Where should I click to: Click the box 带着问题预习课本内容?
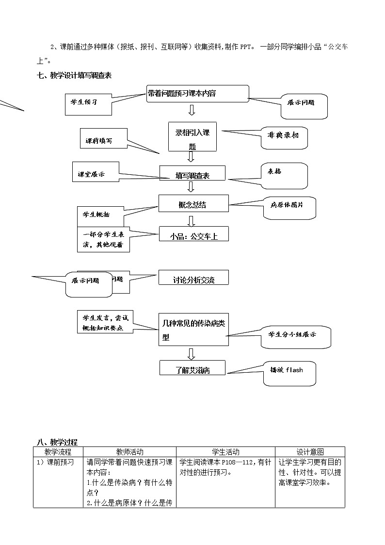[x=197, y=94]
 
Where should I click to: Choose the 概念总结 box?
[x=192, y=204]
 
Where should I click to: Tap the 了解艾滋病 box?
[x=193, y=368]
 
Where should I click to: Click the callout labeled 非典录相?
[x=284, y=135]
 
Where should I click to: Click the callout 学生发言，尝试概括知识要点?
[x=103, y=322]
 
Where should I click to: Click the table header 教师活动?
[x=130, y=452]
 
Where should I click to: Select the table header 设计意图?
[x=310, y=452]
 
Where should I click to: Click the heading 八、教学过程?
[x=57, y=442]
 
